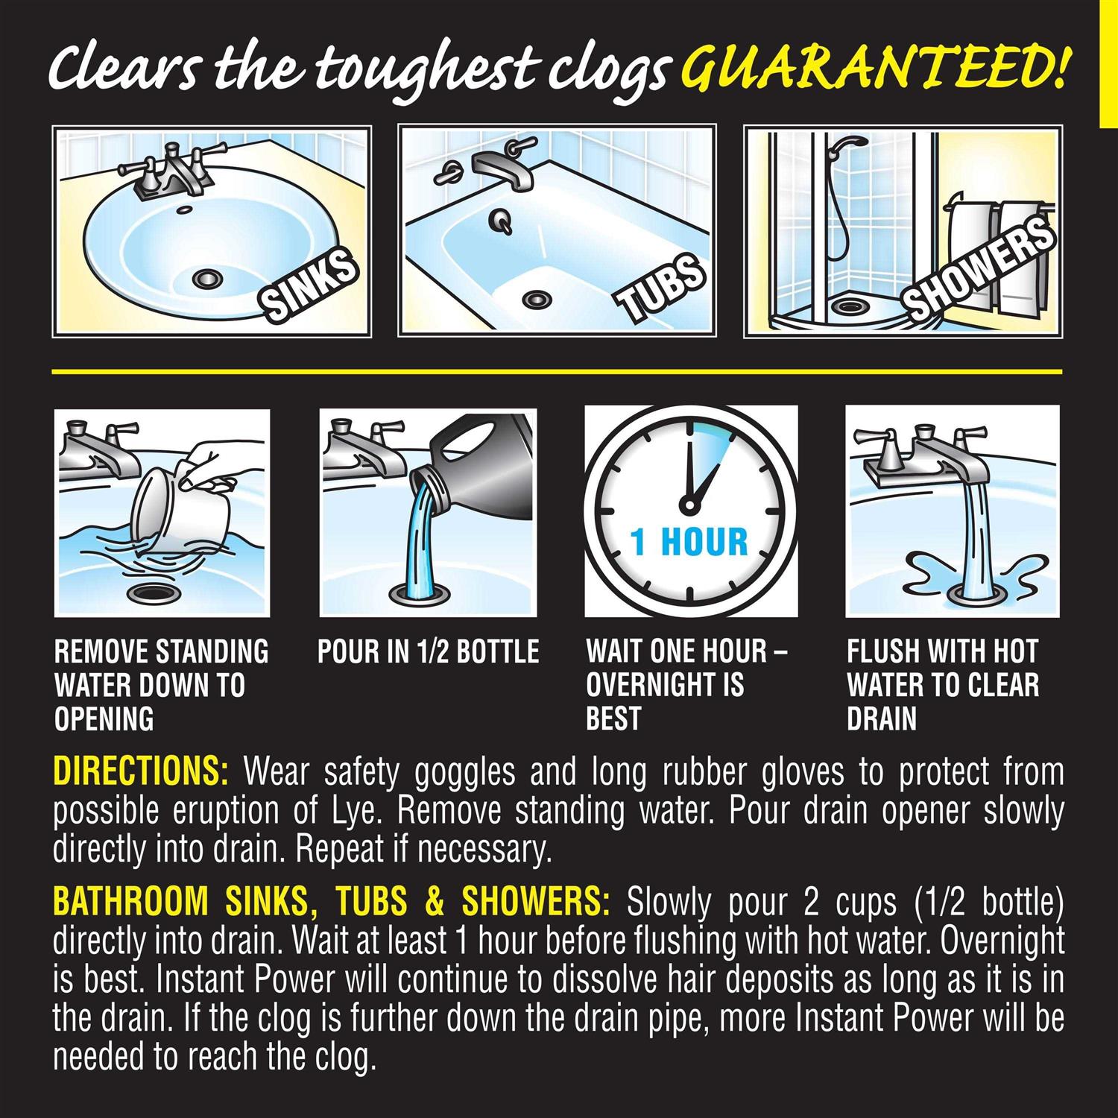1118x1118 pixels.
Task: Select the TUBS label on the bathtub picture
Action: (660, 287)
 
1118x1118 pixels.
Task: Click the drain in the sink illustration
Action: (208, 279)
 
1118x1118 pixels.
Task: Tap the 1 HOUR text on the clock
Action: (689, 542)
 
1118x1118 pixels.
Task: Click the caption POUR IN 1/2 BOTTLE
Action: (428, 652)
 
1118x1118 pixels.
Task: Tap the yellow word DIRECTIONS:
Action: (141, 773)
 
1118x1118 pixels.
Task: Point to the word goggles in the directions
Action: (464, 773)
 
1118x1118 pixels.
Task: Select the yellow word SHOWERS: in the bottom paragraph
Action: (536, 903)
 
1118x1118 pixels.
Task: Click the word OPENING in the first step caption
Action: (104, 719)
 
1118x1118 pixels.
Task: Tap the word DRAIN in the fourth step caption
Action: (881, 719)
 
